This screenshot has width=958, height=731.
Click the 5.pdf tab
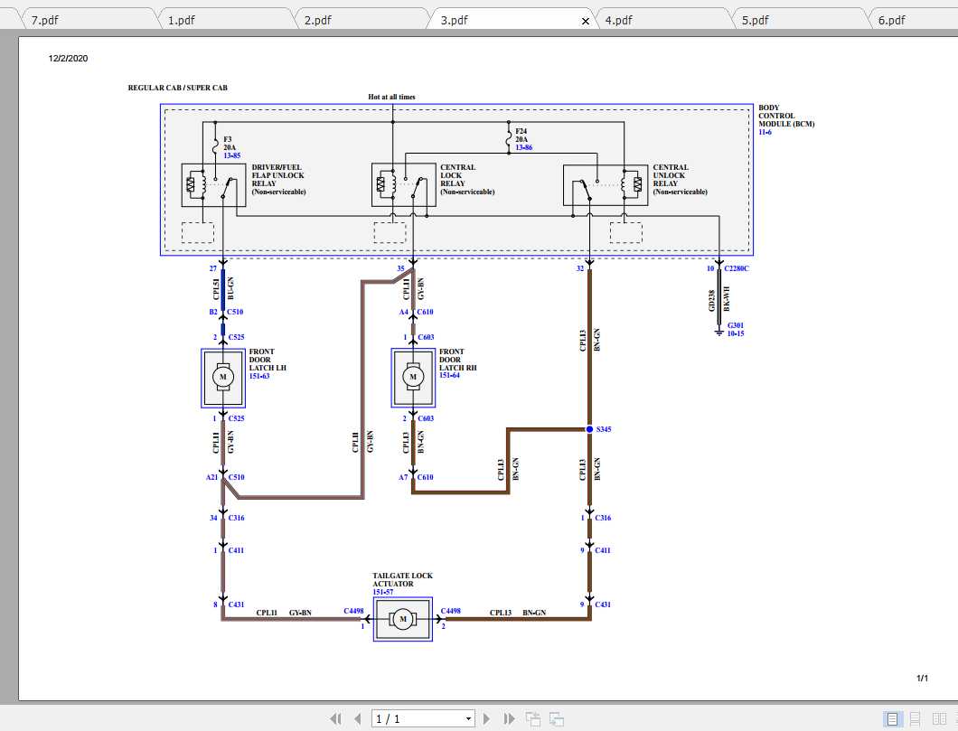click(755, 20)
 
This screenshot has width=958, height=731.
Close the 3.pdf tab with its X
click(585, 20)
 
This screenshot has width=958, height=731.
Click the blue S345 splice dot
click(589, 429)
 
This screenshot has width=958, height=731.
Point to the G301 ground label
click(735, 325)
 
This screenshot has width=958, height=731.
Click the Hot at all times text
click(391, 97)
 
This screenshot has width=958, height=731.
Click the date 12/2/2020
click(68, 59)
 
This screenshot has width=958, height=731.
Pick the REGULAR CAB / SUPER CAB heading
click(178, 89)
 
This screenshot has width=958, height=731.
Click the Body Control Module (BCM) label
click(785, 117)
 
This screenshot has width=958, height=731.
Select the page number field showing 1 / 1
click(422, 718)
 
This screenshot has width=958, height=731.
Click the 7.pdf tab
click(44, 20)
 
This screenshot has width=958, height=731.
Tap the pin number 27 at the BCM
click(213, 268)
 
